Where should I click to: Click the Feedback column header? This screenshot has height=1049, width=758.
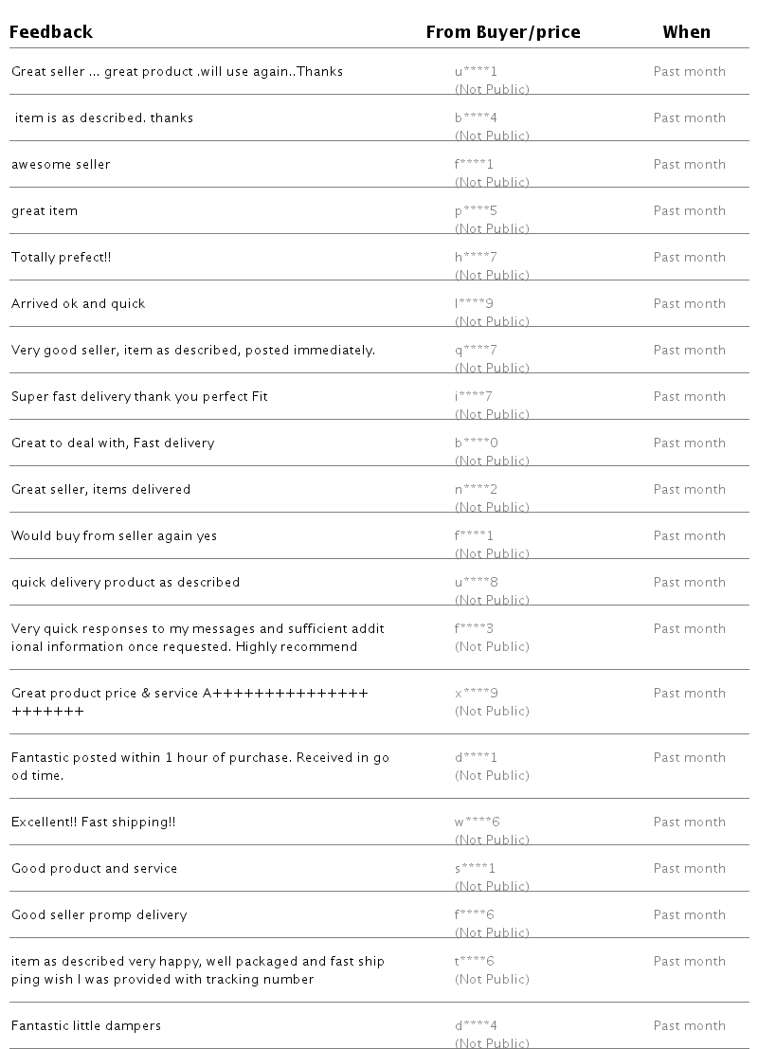point(51,32)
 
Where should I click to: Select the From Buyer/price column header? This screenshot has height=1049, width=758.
point(503,32)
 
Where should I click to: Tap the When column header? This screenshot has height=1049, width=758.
point(686,32)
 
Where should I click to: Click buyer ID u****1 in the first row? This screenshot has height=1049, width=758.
point(476,71)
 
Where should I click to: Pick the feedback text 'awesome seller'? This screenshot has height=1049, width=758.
point(61,164)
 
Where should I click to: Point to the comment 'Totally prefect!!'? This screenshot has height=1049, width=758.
point(62,257)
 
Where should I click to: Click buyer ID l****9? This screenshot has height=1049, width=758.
point(474,303)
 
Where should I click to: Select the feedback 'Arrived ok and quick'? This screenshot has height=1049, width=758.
point(79,303)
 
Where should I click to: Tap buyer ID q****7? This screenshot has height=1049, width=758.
point(476,350)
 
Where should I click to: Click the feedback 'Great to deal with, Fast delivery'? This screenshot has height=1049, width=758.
point(113,443)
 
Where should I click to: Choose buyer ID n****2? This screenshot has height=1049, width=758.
point(476,489)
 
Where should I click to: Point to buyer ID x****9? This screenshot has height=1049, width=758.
point(477,693)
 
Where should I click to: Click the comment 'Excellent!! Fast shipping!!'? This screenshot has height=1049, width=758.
point(94,822)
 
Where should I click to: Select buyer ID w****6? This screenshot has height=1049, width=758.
point(477,822)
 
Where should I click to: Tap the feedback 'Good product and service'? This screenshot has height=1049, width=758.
point(95,868)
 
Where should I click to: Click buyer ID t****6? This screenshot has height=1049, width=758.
point(475,961)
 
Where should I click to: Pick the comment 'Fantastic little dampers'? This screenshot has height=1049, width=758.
point(86,1025)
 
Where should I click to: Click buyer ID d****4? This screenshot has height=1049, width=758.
point(476,1025)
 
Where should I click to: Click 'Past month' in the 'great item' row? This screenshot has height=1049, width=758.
point(690,210)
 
